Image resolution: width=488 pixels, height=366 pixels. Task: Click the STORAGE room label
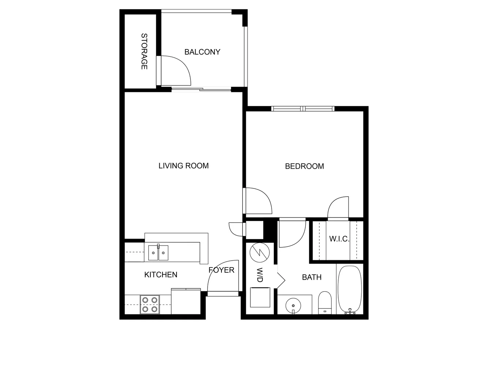(144, 52)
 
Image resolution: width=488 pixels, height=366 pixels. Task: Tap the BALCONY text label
(202, 52)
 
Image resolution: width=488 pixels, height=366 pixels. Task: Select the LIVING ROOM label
(183, 166)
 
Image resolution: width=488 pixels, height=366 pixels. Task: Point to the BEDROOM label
(304, 166)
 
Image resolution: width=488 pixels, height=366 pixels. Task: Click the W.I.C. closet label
(339, 239)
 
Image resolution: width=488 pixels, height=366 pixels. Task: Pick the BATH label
(312, 277)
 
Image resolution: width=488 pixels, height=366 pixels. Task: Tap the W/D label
(260, 275)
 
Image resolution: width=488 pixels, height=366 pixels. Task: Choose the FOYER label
(221, 270)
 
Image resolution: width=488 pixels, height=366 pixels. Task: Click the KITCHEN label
(161, 274)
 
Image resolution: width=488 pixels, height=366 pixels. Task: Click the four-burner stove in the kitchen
(150, 305)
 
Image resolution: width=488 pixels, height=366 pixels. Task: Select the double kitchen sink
(158, 253)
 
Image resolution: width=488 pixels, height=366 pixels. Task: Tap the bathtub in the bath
(350, 289)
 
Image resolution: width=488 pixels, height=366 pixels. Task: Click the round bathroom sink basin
(293, 305)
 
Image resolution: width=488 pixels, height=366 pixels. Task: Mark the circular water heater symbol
(260, 253)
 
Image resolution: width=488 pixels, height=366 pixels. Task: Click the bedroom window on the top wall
(303, 109)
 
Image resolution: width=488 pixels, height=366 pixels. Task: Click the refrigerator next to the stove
(186, 302)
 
